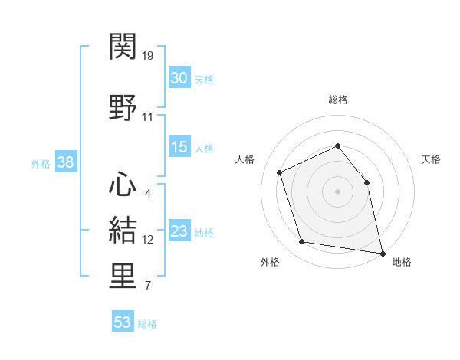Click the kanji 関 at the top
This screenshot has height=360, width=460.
(x=123, y=46)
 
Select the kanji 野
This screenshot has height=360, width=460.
(x=123, y=107)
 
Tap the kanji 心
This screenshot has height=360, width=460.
(x=123, y=184)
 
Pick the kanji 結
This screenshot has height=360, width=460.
(x=123, y=230)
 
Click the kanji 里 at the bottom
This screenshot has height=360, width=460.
(x=123, y=276)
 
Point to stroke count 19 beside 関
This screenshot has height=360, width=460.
(x=147, y=56)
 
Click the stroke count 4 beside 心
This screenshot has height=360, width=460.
(x=147, y=194)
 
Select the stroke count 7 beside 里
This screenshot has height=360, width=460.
(x=148, y=285)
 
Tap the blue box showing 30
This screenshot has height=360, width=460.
(x=179, y=77)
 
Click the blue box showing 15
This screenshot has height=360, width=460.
(x=179, y=146)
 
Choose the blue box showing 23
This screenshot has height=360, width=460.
(x=179, y=230)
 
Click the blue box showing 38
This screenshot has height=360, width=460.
(x=66, y=162)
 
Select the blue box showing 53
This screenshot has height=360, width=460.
(x=123, y=321)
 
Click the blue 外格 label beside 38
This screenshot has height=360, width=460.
(x=41, y=164)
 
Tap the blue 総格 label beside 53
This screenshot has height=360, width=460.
(x=147, y=324)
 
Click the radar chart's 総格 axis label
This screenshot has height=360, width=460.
(x=338, y=100)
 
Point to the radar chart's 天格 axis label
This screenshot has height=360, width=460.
(x=431, y=159)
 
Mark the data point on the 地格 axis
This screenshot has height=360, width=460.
(x=383, y=254)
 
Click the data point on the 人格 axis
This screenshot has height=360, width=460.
(x=280, y=172)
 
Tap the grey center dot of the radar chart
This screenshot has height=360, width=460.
(x=337, y=191)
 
